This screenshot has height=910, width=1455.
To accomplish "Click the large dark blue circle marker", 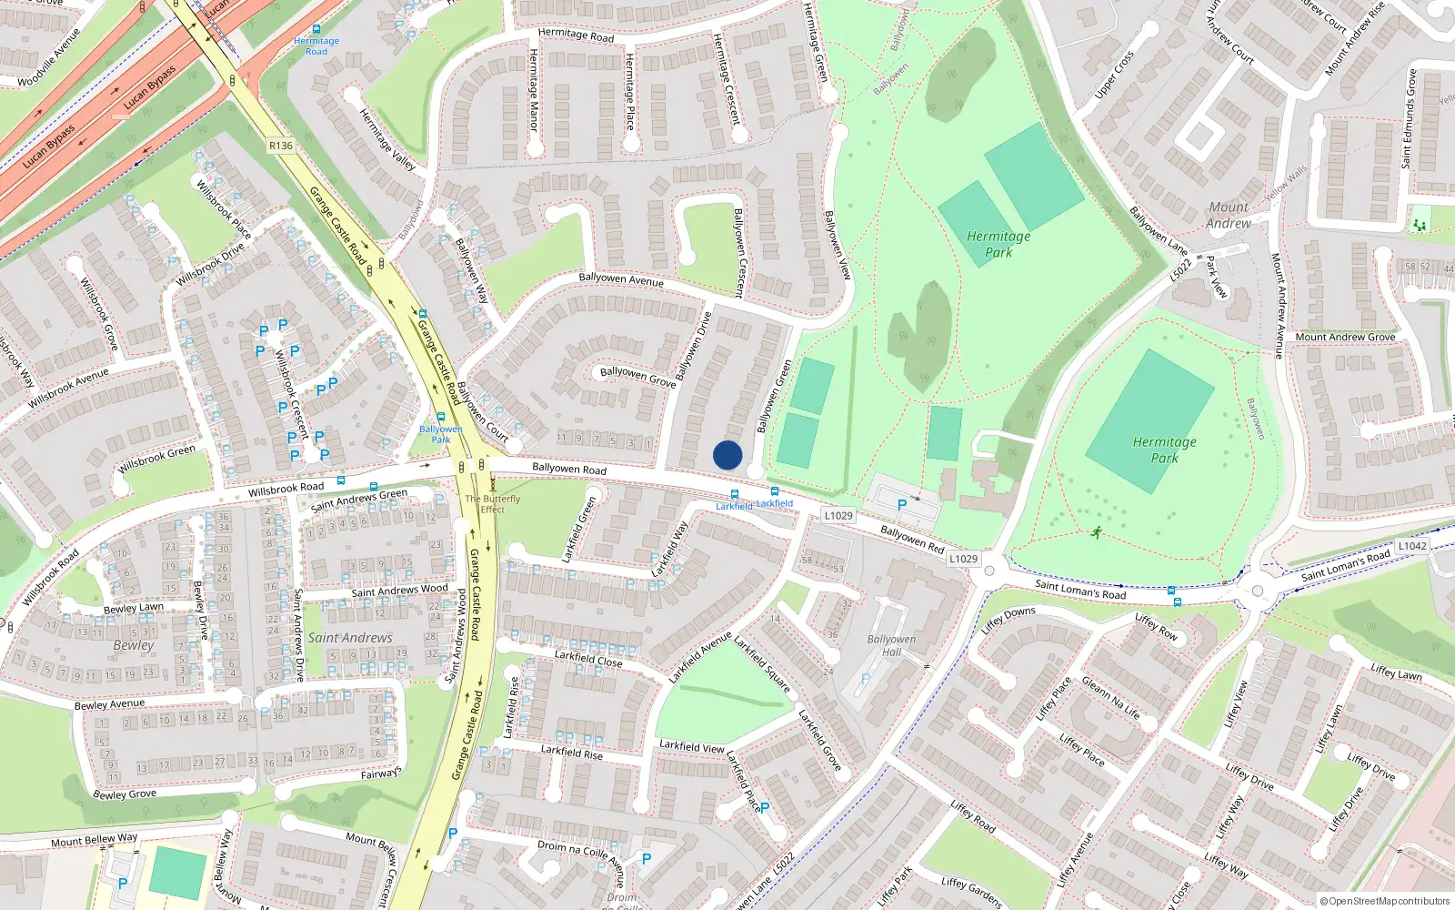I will point(727,455).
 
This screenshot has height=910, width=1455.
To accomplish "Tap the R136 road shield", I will point(281,146).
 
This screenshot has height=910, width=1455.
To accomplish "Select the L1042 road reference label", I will point(1412,546).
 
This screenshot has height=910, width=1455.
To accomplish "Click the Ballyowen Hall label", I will point(891,645).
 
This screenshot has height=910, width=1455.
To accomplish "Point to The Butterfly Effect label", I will point(493,504).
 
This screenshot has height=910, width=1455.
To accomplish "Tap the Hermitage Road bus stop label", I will point(316,46).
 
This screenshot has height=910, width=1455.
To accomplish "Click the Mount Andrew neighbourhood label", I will point(1229,215).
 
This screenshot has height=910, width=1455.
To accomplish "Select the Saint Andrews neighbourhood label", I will point(350,638).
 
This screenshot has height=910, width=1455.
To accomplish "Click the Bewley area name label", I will point(134,645).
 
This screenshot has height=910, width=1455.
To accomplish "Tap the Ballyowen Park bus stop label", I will point(441,434).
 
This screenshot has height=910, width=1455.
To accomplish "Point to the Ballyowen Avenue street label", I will point(621,278).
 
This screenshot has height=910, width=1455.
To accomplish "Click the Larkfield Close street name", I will point(588,658).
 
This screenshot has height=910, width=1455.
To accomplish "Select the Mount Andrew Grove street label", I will point(1345,337).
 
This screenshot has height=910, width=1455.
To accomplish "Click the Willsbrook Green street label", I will point(156,459).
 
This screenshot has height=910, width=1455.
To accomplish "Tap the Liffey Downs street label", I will point(1008,620).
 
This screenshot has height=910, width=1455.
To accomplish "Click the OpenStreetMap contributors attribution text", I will point(1384,901).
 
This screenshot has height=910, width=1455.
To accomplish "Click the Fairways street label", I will point(380,773).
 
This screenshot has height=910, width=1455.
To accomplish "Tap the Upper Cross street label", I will point(1114,75).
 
